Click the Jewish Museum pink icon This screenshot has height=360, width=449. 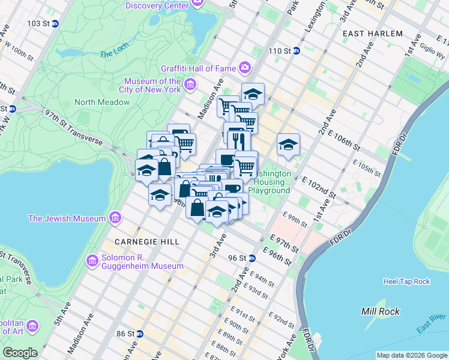point(115,218)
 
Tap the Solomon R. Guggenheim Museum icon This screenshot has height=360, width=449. point(92,260)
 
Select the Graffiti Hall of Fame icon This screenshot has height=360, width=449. point(245,67)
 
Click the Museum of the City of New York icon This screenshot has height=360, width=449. point(190,85)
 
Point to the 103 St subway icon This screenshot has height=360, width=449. point(55,23)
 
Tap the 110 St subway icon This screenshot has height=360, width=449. point(297,51)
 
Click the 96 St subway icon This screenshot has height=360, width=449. point(252,258)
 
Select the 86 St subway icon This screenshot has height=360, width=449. point(139,333)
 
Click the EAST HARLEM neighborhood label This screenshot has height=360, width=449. point(372,34)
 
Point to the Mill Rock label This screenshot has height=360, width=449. point(381,311)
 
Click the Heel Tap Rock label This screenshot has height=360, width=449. point(406,281)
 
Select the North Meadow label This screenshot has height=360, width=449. point(102,102)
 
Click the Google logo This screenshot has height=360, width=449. point(20,353)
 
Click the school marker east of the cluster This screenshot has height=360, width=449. point(288,145)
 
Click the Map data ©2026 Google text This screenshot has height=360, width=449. point(411,355)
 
